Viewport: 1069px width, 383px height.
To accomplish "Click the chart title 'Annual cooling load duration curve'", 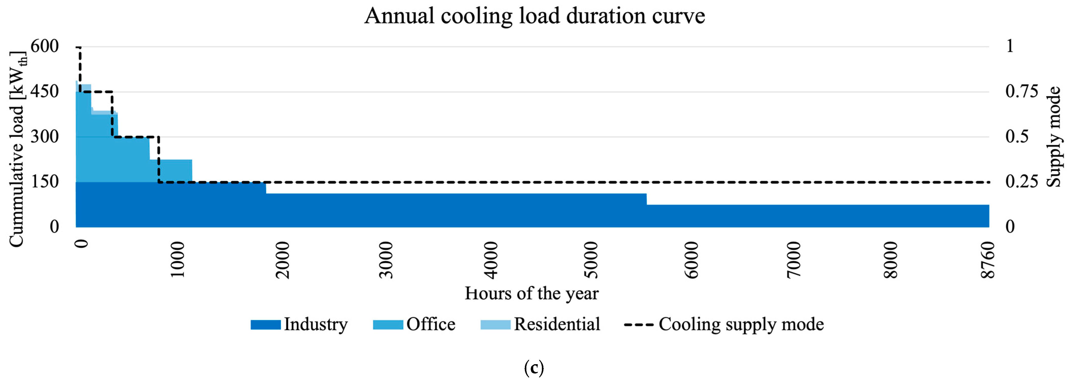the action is [534, 17].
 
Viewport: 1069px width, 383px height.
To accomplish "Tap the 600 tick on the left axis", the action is [45, 46].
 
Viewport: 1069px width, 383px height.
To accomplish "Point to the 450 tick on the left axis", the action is [45, 91].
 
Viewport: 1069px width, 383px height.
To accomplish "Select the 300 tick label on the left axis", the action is [45, 136].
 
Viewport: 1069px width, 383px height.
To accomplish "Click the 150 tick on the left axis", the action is [45, 182].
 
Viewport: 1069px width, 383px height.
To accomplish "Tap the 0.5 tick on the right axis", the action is [1017, 136].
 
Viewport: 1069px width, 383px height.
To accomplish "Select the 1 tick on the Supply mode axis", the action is [1010, 46].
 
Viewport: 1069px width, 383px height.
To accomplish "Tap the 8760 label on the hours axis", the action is [989, 260].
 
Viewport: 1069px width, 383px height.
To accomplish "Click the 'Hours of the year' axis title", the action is [532, 293].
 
